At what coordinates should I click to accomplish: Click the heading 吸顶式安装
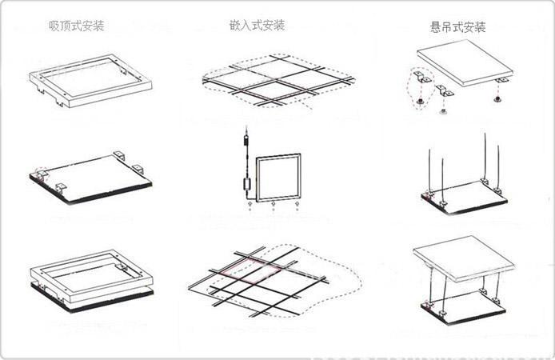pos(76,25)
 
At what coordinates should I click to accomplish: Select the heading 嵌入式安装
pos(257,25)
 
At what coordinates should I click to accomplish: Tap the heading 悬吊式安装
pos(457,27)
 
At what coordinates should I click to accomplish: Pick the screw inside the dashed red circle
pos(420,102)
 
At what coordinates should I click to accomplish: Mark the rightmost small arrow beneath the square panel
pos(297,206)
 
